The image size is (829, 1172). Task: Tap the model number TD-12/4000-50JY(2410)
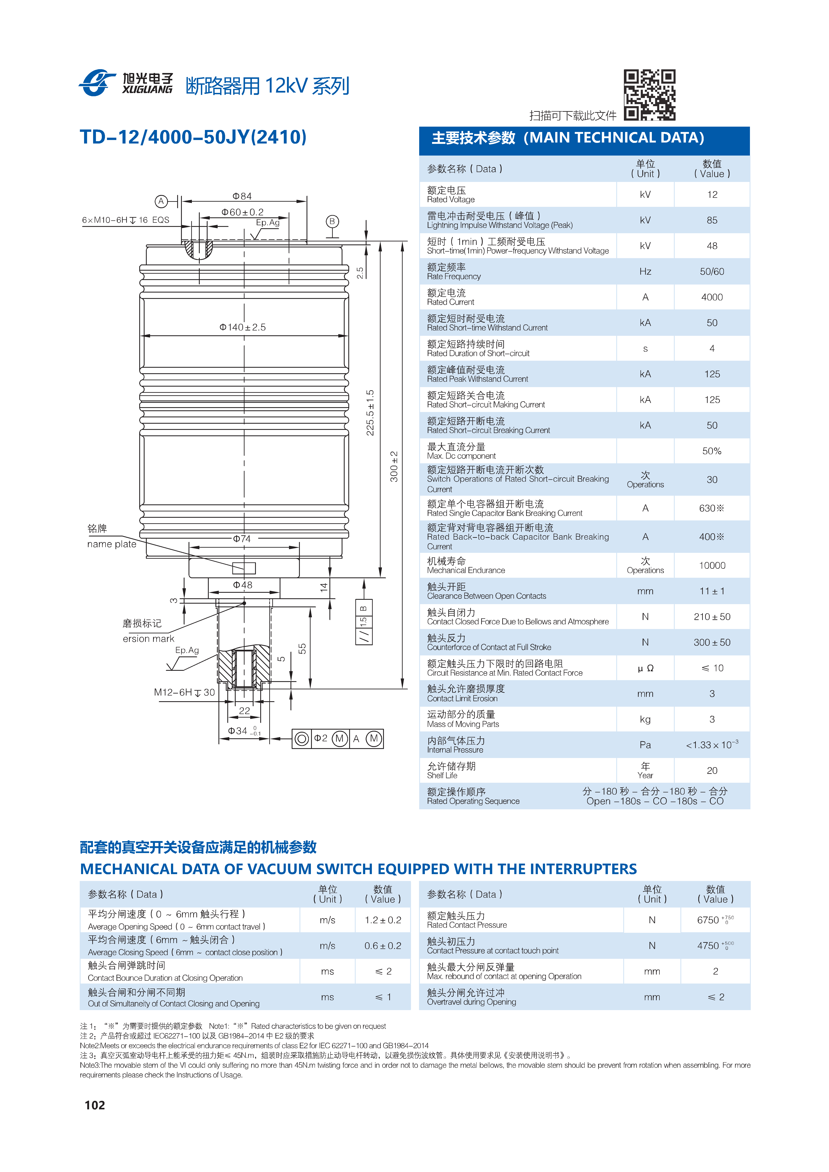pos(193,137)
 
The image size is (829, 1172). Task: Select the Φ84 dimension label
pos(242,196)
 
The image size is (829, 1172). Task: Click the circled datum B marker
pos(332,222)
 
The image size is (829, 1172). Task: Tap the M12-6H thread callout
pos(184,692)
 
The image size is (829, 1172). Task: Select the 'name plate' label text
pos(112,544)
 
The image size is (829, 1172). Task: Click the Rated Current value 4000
pos(712,297)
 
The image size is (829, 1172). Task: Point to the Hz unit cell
pos(645,271)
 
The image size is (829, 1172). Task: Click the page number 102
pos(95,1105)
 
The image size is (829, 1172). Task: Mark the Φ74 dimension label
pos(242,538)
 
